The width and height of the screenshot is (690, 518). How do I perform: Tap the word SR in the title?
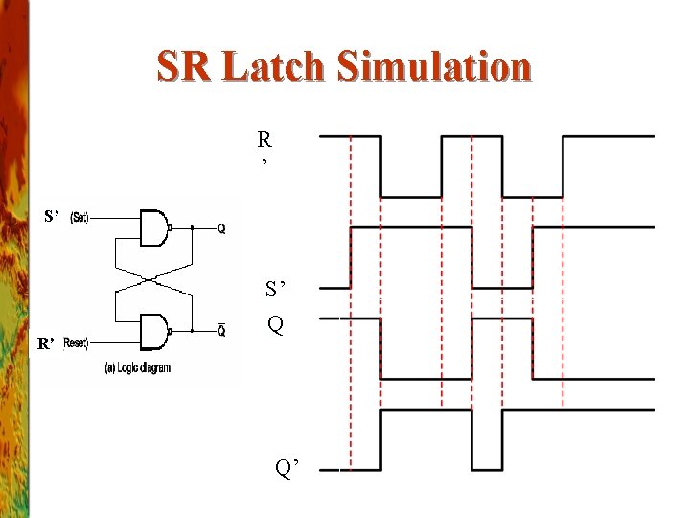[185, 68]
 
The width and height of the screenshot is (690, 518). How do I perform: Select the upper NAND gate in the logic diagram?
[153, 227]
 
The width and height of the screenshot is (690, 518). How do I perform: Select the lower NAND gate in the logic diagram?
[153, 331]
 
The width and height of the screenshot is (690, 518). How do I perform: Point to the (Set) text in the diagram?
[80, 219]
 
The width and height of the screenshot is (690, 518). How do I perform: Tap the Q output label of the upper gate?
[221, 228]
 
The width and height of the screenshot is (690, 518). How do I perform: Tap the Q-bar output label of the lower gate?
[221, 331]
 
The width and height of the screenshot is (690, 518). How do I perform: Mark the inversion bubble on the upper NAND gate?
[172, 228]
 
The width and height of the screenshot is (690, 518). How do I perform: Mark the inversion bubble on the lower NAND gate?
[172, 331]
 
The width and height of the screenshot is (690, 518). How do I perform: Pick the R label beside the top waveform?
[264, 140]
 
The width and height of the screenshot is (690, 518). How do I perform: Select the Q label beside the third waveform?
[275, 325]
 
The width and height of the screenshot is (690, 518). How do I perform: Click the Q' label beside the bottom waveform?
[287, 468]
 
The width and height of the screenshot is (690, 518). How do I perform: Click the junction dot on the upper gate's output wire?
[192, 228]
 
